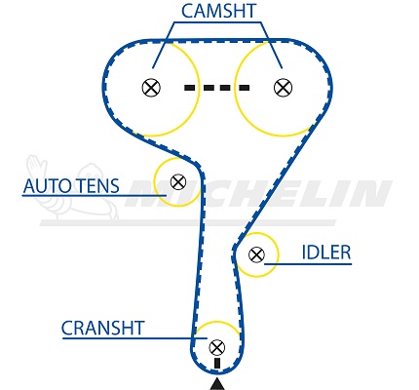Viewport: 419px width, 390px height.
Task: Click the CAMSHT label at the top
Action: click(219, 11)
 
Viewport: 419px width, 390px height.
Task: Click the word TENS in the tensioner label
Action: click(98, 186)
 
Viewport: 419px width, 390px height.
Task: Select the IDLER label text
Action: click(326, 253)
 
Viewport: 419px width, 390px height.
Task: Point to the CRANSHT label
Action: click(102, 328)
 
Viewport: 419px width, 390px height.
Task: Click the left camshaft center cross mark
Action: click(151, 88)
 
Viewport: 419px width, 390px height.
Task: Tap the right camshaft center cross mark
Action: click(283, 88)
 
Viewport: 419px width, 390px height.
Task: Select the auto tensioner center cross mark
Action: click(178, 182)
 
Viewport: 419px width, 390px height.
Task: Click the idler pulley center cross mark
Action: click(256, 254)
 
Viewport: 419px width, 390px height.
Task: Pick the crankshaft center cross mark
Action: click(217, 347)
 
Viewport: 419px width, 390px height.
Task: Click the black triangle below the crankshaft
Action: click(217, 384)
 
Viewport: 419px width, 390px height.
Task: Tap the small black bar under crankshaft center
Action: click(217, 363)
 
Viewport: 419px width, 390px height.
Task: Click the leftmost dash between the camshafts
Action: click(189, 88)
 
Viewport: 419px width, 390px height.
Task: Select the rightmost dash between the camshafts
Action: click(245, 88)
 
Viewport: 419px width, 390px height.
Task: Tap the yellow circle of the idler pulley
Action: click(278, 254)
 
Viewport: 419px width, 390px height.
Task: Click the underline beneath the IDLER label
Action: click(308, 264)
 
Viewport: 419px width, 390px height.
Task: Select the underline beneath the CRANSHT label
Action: click(134, 338)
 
